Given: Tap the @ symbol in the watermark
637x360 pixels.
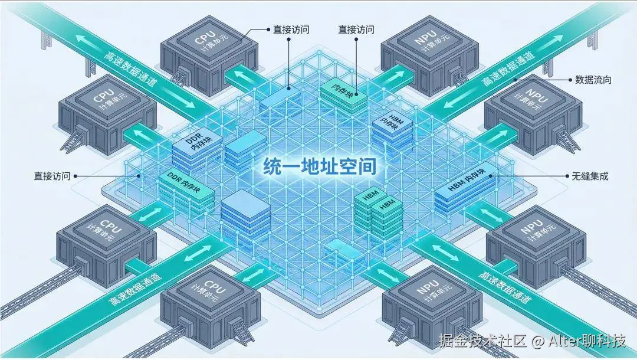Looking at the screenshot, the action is click(537, 341).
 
